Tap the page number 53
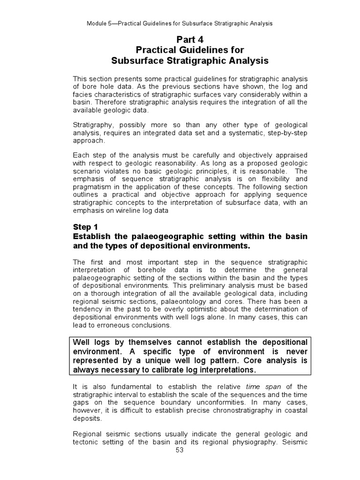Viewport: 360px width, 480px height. coord(180,450)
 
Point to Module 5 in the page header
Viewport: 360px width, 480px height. coord(101,23)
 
